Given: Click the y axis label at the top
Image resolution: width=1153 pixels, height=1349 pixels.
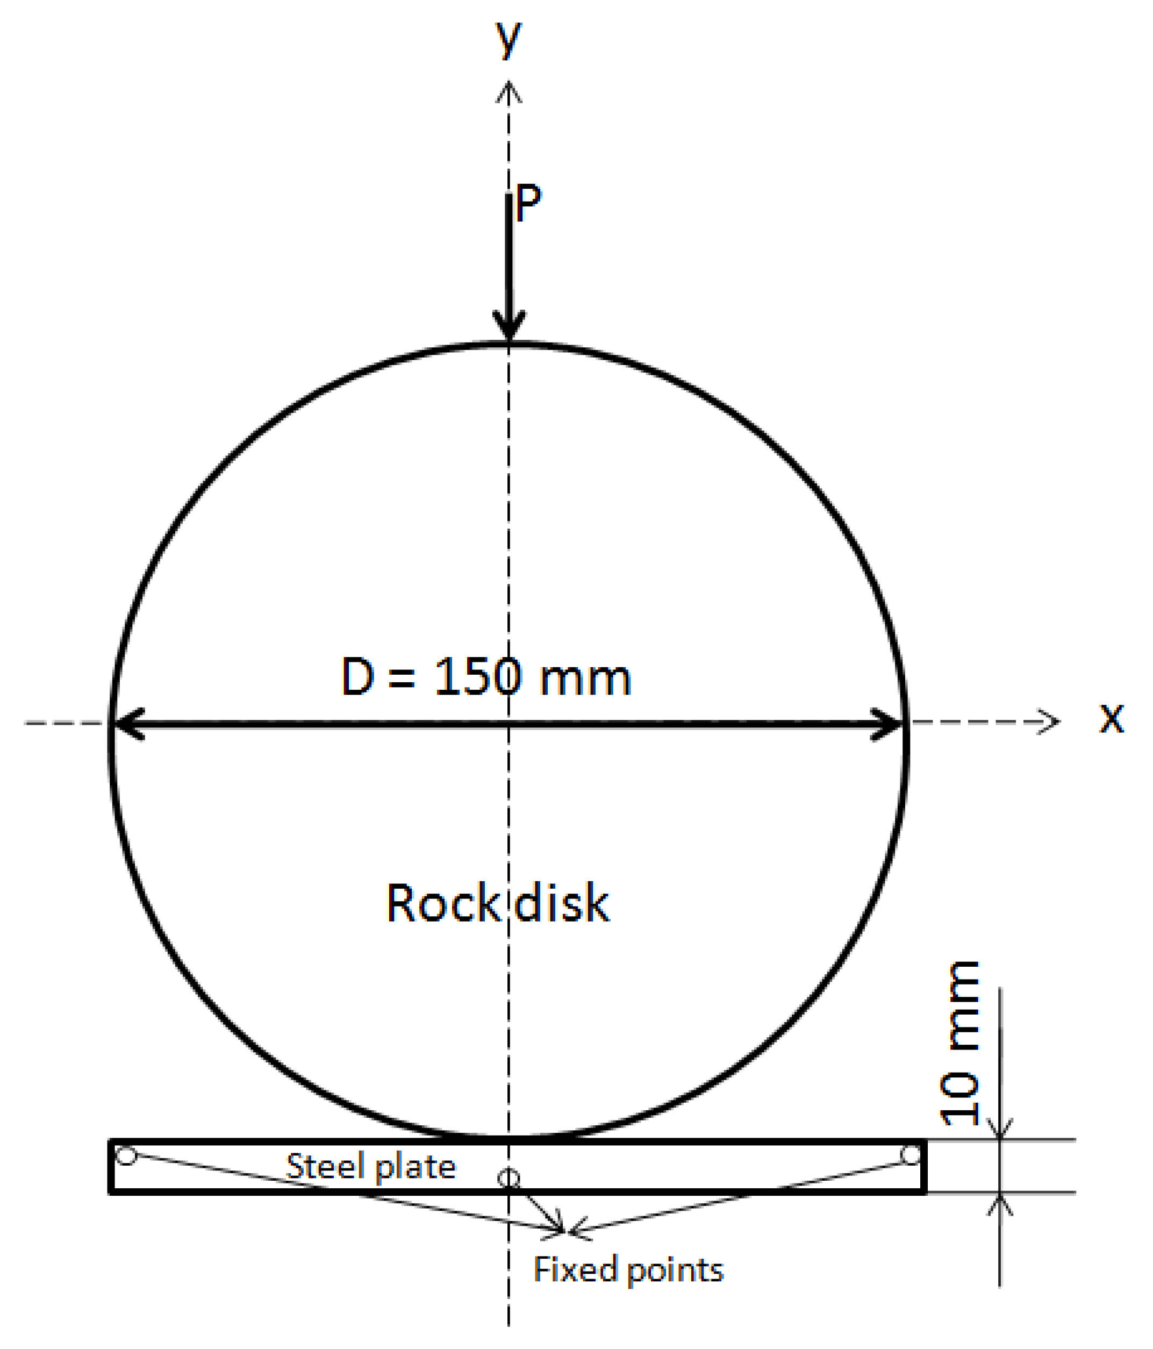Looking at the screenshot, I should pyautogui.click(x=509, y=38).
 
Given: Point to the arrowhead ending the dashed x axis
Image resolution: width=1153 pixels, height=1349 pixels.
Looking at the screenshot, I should pyautogui.click(x=1049, y=722).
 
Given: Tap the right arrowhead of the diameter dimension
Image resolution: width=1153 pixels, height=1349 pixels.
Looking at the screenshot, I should pyautogui.click(x=888, y=723).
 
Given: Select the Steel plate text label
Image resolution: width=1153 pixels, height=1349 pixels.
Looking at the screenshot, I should pyautogui.click(x=371, y=1166).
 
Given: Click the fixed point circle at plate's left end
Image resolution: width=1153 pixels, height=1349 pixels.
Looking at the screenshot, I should pyautogui.click(x=126, y=1157).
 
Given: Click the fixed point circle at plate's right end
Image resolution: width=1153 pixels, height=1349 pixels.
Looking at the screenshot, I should pyautogui.click(x=910, y=1155).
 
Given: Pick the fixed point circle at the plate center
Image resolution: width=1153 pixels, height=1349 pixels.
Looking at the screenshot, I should pyautogui.click(x=509, y=1179).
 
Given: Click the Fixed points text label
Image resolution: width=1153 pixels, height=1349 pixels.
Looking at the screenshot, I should pyautogui.click(x=628, y=1269).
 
